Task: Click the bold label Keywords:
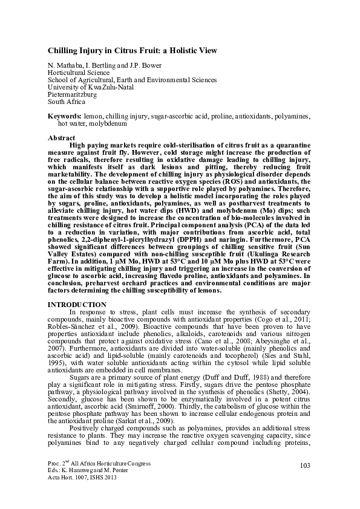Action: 65,115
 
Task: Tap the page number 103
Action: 304,464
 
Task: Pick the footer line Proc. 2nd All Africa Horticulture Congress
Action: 98,462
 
